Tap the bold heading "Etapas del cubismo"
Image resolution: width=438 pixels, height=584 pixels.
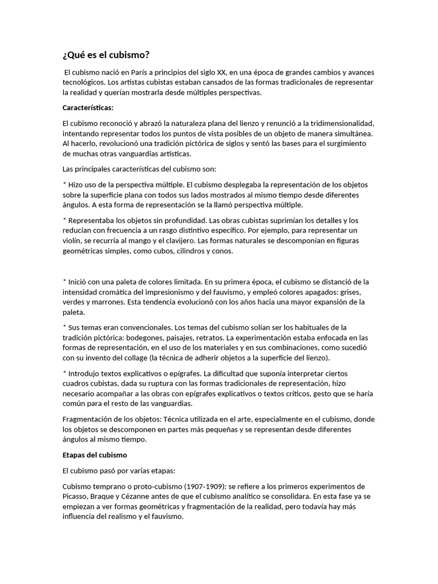94,455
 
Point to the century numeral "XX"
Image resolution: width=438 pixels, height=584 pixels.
217,73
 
